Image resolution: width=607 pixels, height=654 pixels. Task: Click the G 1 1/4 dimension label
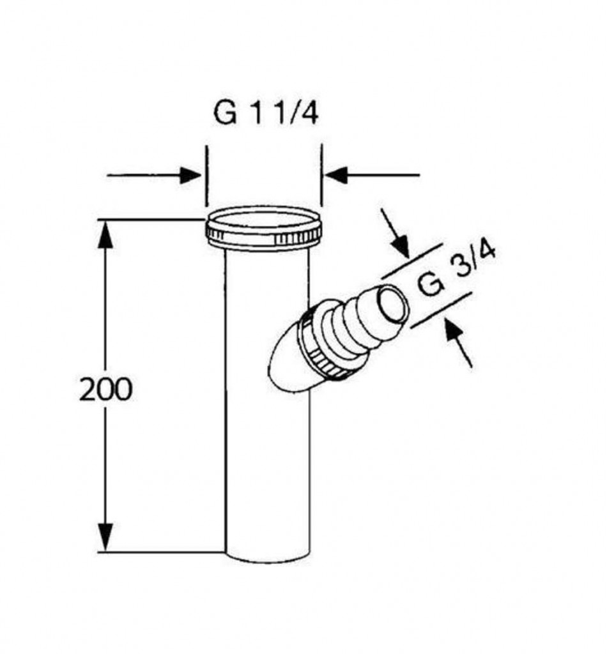pyautogui.click(x=266, y=112)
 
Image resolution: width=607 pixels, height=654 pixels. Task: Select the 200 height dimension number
pyautogui.click(x=105, y=390)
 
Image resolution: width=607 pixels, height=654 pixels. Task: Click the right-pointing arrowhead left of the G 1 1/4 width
pyautogui.click(x=190, y=175)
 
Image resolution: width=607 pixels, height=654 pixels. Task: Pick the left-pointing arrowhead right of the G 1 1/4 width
pyautogui.click(x=336, y=175)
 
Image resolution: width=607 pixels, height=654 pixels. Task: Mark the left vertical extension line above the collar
pyautogui.click(x=206, y=176)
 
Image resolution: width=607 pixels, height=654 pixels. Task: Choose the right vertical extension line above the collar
pyautogui.click(x=321, y=175)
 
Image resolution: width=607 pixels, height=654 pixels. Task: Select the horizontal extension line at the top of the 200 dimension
pyautogui.click(x=152, y=219)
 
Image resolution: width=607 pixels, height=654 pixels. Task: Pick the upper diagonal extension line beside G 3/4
pyautogui.click(x=411, y=261)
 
